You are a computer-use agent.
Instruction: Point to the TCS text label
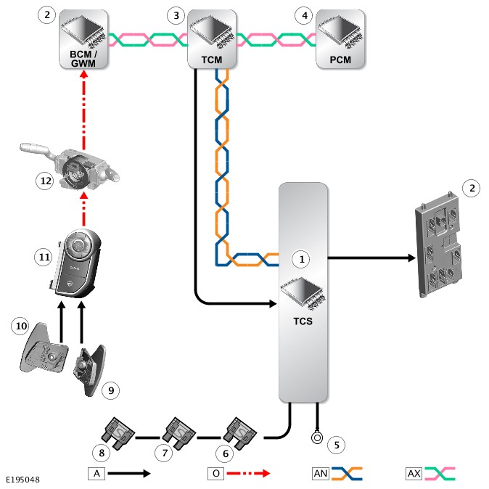coord(304,321)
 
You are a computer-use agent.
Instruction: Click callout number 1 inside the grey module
coord(300,258)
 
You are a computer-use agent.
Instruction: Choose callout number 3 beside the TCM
coord(175,15)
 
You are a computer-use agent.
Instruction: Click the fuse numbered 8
coord(118,430)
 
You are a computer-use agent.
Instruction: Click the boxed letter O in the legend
coord(215,473)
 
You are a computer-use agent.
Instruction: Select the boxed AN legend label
coord(320,474)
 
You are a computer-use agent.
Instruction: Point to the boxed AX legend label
coord(414,474)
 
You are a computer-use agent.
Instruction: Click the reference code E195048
coord(23,480)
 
